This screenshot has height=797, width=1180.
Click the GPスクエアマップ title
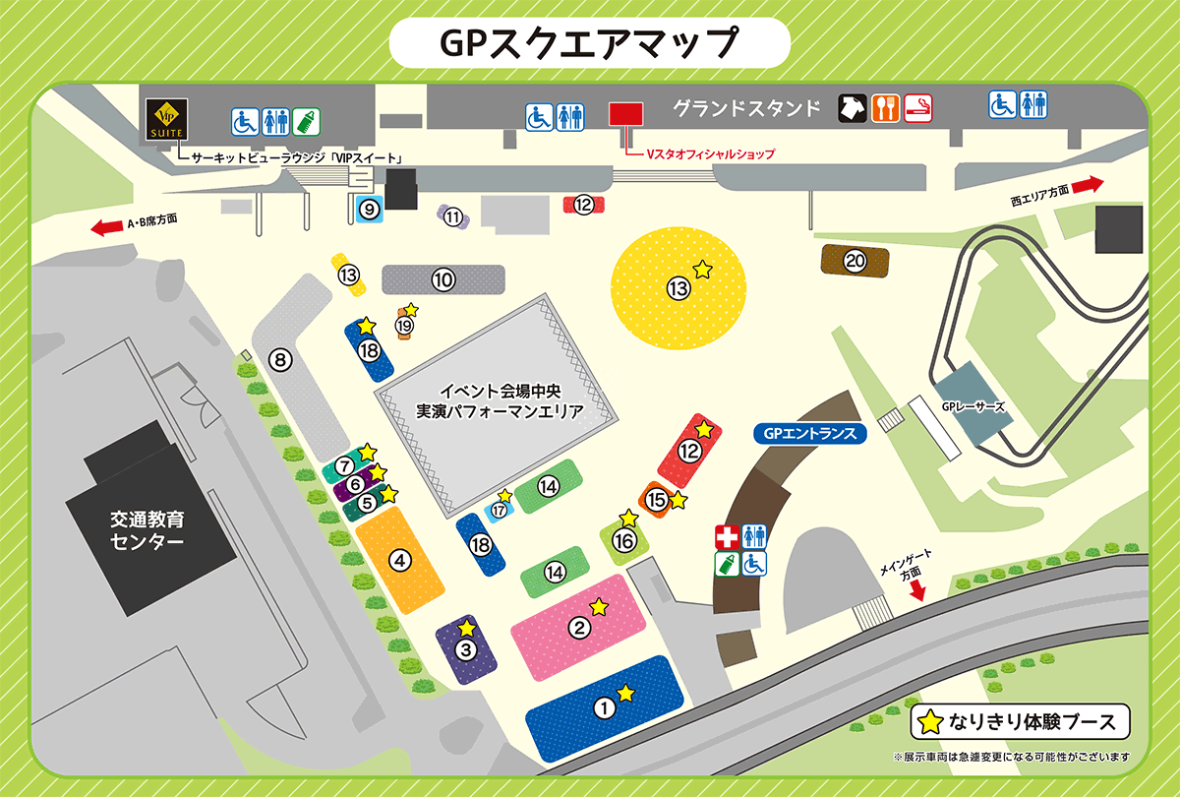coord(589,42)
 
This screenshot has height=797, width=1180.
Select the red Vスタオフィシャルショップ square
coord(624,113)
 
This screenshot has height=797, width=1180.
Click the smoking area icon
coord(917,107)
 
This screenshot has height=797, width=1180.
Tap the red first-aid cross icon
coord(727,537)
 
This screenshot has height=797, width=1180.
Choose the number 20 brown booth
coord(855,261)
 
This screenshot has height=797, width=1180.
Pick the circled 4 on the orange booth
coord(399,561)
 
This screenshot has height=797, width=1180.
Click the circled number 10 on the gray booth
coord(443,280)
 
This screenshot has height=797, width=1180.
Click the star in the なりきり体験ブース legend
coord(928,722)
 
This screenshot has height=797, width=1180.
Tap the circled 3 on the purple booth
coord(466,649)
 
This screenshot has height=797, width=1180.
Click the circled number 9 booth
coord(369,209)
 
